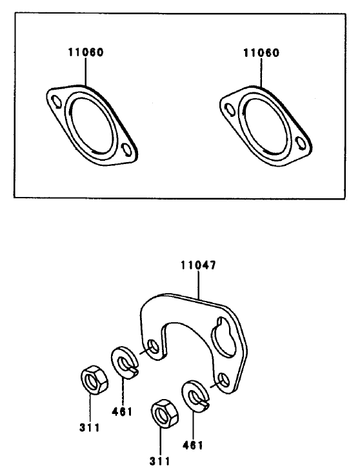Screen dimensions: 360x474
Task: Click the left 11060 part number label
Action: coord(86,52)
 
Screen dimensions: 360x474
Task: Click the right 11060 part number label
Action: coord(261,53)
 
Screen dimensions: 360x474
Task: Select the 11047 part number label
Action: coord(199,265)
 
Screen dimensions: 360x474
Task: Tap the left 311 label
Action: coord(90,428)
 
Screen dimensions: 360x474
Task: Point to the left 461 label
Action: coord(122,411)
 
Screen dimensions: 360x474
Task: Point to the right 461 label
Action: coord(193,445)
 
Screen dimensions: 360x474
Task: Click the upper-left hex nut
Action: coord(94,382)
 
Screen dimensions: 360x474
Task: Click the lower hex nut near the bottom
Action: coord(164,415)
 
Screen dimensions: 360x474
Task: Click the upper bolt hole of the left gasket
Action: coord(56,102)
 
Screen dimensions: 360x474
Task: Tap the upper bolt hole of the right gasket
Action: coord(230,110)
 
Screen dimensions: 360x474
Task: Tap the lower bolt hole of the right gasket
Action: coord(301,143)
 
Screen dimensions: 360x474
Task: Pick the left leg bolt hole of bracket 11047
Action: coord(152,347)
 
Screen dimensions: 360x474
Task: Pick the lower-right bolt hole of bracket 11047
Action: coord(225,380)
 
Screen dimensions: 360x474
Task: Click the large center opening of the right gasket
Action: coord(265,127)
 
